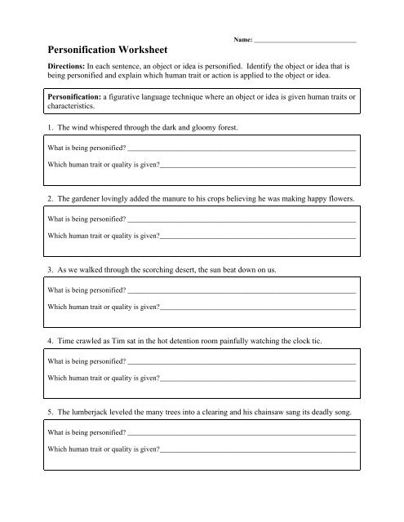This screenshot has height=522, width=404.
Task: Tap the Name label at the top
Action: point(242,38)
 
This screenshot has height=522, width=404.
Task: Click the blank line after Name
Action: point(305,40)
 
